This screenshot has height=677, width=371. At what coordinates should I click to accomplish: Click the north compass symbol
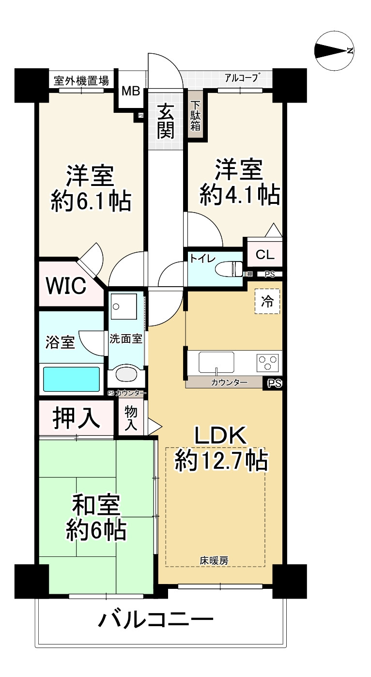pyautogui.click(x=334, y=51)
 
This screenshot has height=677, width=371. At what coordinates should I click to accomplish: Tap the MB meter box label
pyautogui.click(x=131, y=91)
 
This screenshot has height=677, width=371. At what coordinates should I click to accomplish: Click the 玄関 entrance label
pyautogui.click(x=166, y=121)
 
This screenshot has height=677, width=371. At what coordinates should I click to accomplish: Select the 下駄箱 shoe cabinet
pyautogui.click(x=195, y=116)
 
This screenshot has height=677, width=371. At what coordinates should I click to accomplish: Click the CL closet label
pyautogui.click(x=264, y=254)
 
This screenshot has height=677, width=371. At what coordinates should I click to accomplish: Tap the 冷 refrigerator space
pyautogui.click(x=267, y=301)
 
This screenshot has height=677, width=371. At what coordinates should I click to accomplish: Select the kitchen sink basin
pyautogui.click(x=216, y=362)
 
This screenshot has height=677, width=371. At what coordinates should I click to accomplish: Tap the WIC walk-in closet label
pyautogui.click(x=66, y=285)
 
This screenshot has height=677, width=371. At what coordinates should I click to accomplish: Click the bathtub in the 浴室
pyautogui.click(x=71, y=379)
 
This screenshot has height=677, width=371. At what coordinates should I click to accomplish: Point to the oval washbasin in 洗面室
pyautogui.click(x=127, y=375)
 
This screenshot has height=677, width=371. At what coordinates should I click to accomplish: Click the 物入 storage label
pyautogui.click(x=131, y=418)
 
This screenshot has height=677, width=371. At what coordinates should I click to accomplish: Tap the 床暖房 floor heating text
pyautogui.click(x=214, y=561)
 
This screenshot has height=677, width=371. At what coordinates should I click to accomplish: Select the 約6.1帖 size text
pyautogui.click(x=91, y=201)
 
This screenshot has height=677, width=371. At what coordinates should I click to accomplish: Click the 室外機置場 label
pyautogui.click(x=81, y=81)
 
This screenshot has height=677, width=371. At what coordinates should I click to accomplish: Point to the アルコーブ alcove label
pyautogui.click(x=242, y=77)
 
